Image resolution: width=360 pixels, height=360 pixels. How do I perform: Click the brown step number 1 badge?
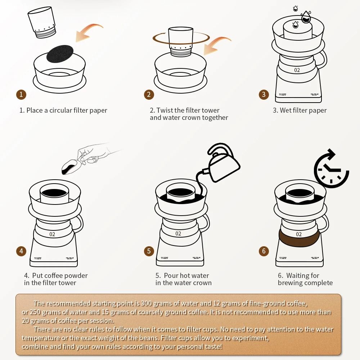[x=21, y=95]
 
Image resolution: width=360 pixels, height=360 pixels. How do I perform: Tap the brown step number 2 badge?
[x=149, y=95]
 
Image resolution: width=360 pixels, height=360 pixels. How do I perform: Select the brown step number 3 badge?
[x=264, y=95]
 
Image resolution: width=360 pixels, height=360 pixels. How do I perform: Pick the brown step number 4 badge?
[x=21, y=251]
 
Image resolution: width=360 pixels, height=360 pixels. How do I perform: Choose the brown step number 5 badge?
[x=149, y=251]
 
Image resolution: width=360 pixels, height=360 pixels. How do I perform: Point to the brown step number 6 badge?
[x=264, y=251]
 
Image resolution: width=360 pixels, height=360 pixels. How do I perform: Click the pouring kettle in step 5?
[x=221, y=164]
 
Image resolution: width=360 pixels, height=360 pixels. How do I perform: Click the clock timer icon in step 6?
[x=330, y=169]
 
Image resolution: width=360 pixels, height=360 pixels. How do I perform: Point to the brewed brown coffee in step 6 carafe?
[x=299, y=238]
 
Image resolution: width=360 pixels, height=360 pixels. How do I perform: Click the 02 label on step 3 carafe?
[x=297, y=70]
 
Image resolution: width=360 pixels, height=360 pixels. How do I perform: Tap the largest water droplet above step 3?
[x=306, y=16]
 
